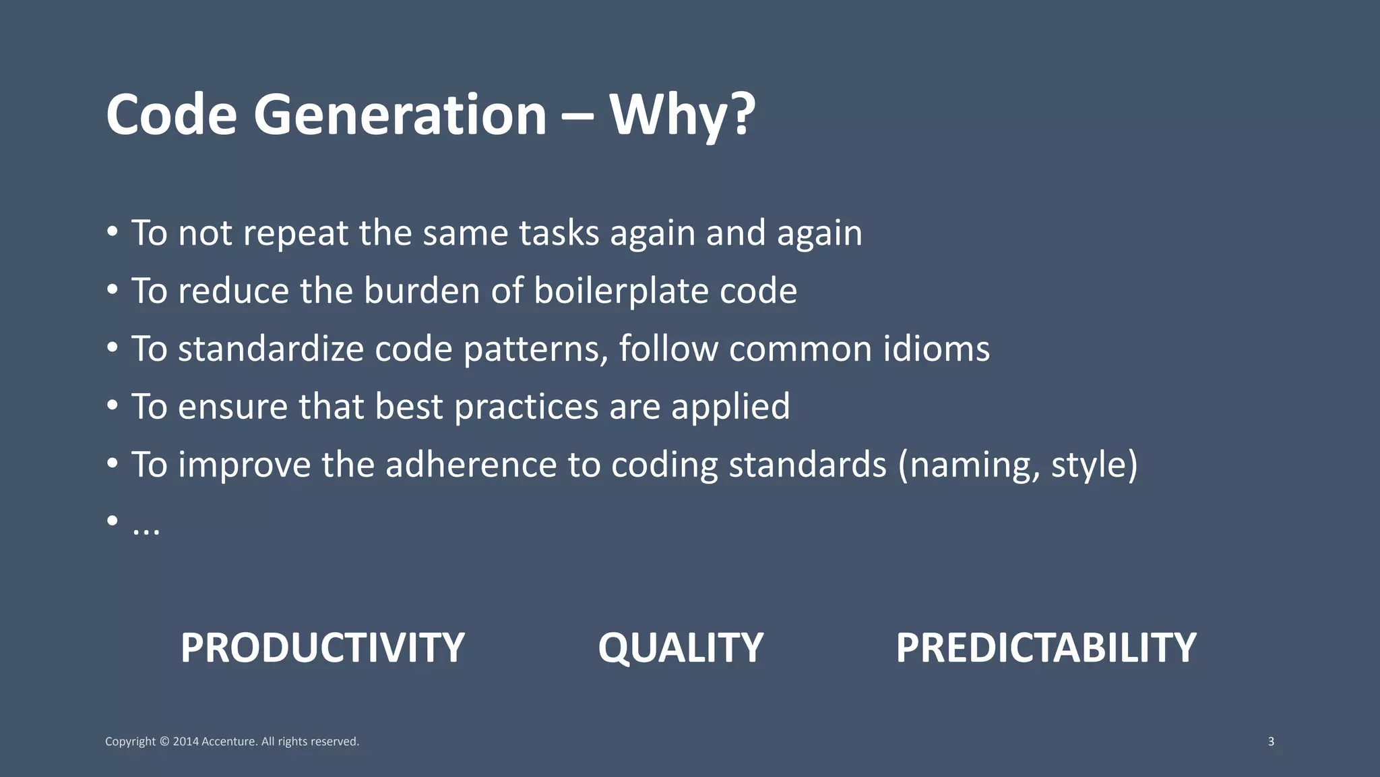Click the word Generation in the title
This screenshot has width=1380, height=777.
(x=400, y=115)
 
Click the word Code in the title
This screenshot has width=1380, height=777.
(x=171, y=115)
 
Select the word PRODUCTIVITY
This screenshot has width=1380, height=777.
(x=322, y=647)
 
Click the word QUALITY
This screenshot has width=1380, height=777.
(x=681, y=647)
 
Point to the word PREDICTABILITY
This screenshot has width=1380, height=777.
(x=1046, y=647)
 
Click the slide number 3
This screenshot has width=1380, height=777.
(x=1271, y=741)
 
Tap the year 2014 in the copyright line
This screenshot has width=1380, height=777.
(x=185, y=741)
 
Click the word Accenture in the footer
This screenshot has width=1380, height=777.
(x=229, y=741)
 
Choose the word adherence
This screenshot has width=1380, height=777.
(x=471, y=465)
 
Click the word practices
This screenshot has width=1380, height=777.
(x=526, y=407)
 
